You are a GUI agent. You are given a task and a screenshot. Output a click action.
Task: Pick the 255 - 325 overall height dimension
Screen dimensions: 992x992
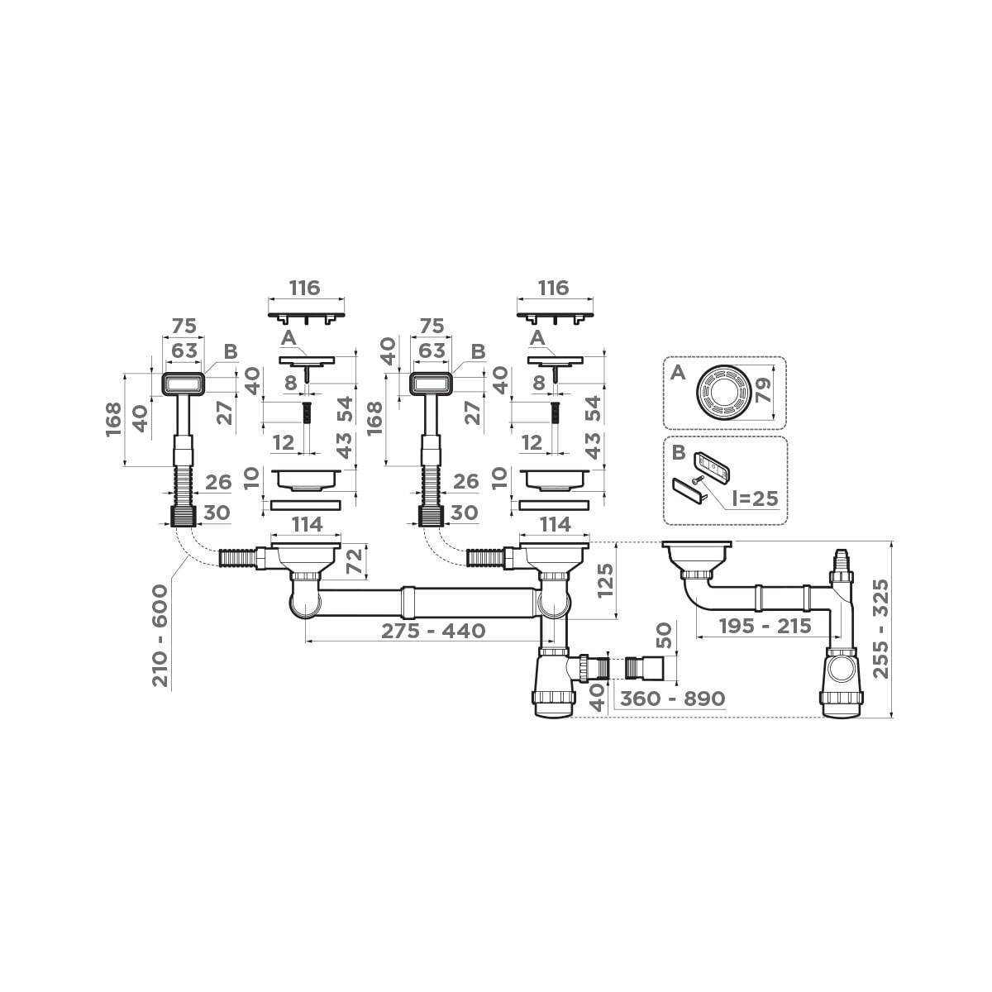coord(882,629)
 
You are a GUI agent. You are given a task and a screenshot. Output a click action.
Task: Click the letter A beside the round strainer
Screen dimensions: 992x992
coord(677,373)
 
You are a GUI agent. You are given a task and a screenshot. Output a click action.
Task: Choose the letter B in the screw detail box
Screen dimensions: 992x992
coord(676,452)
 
